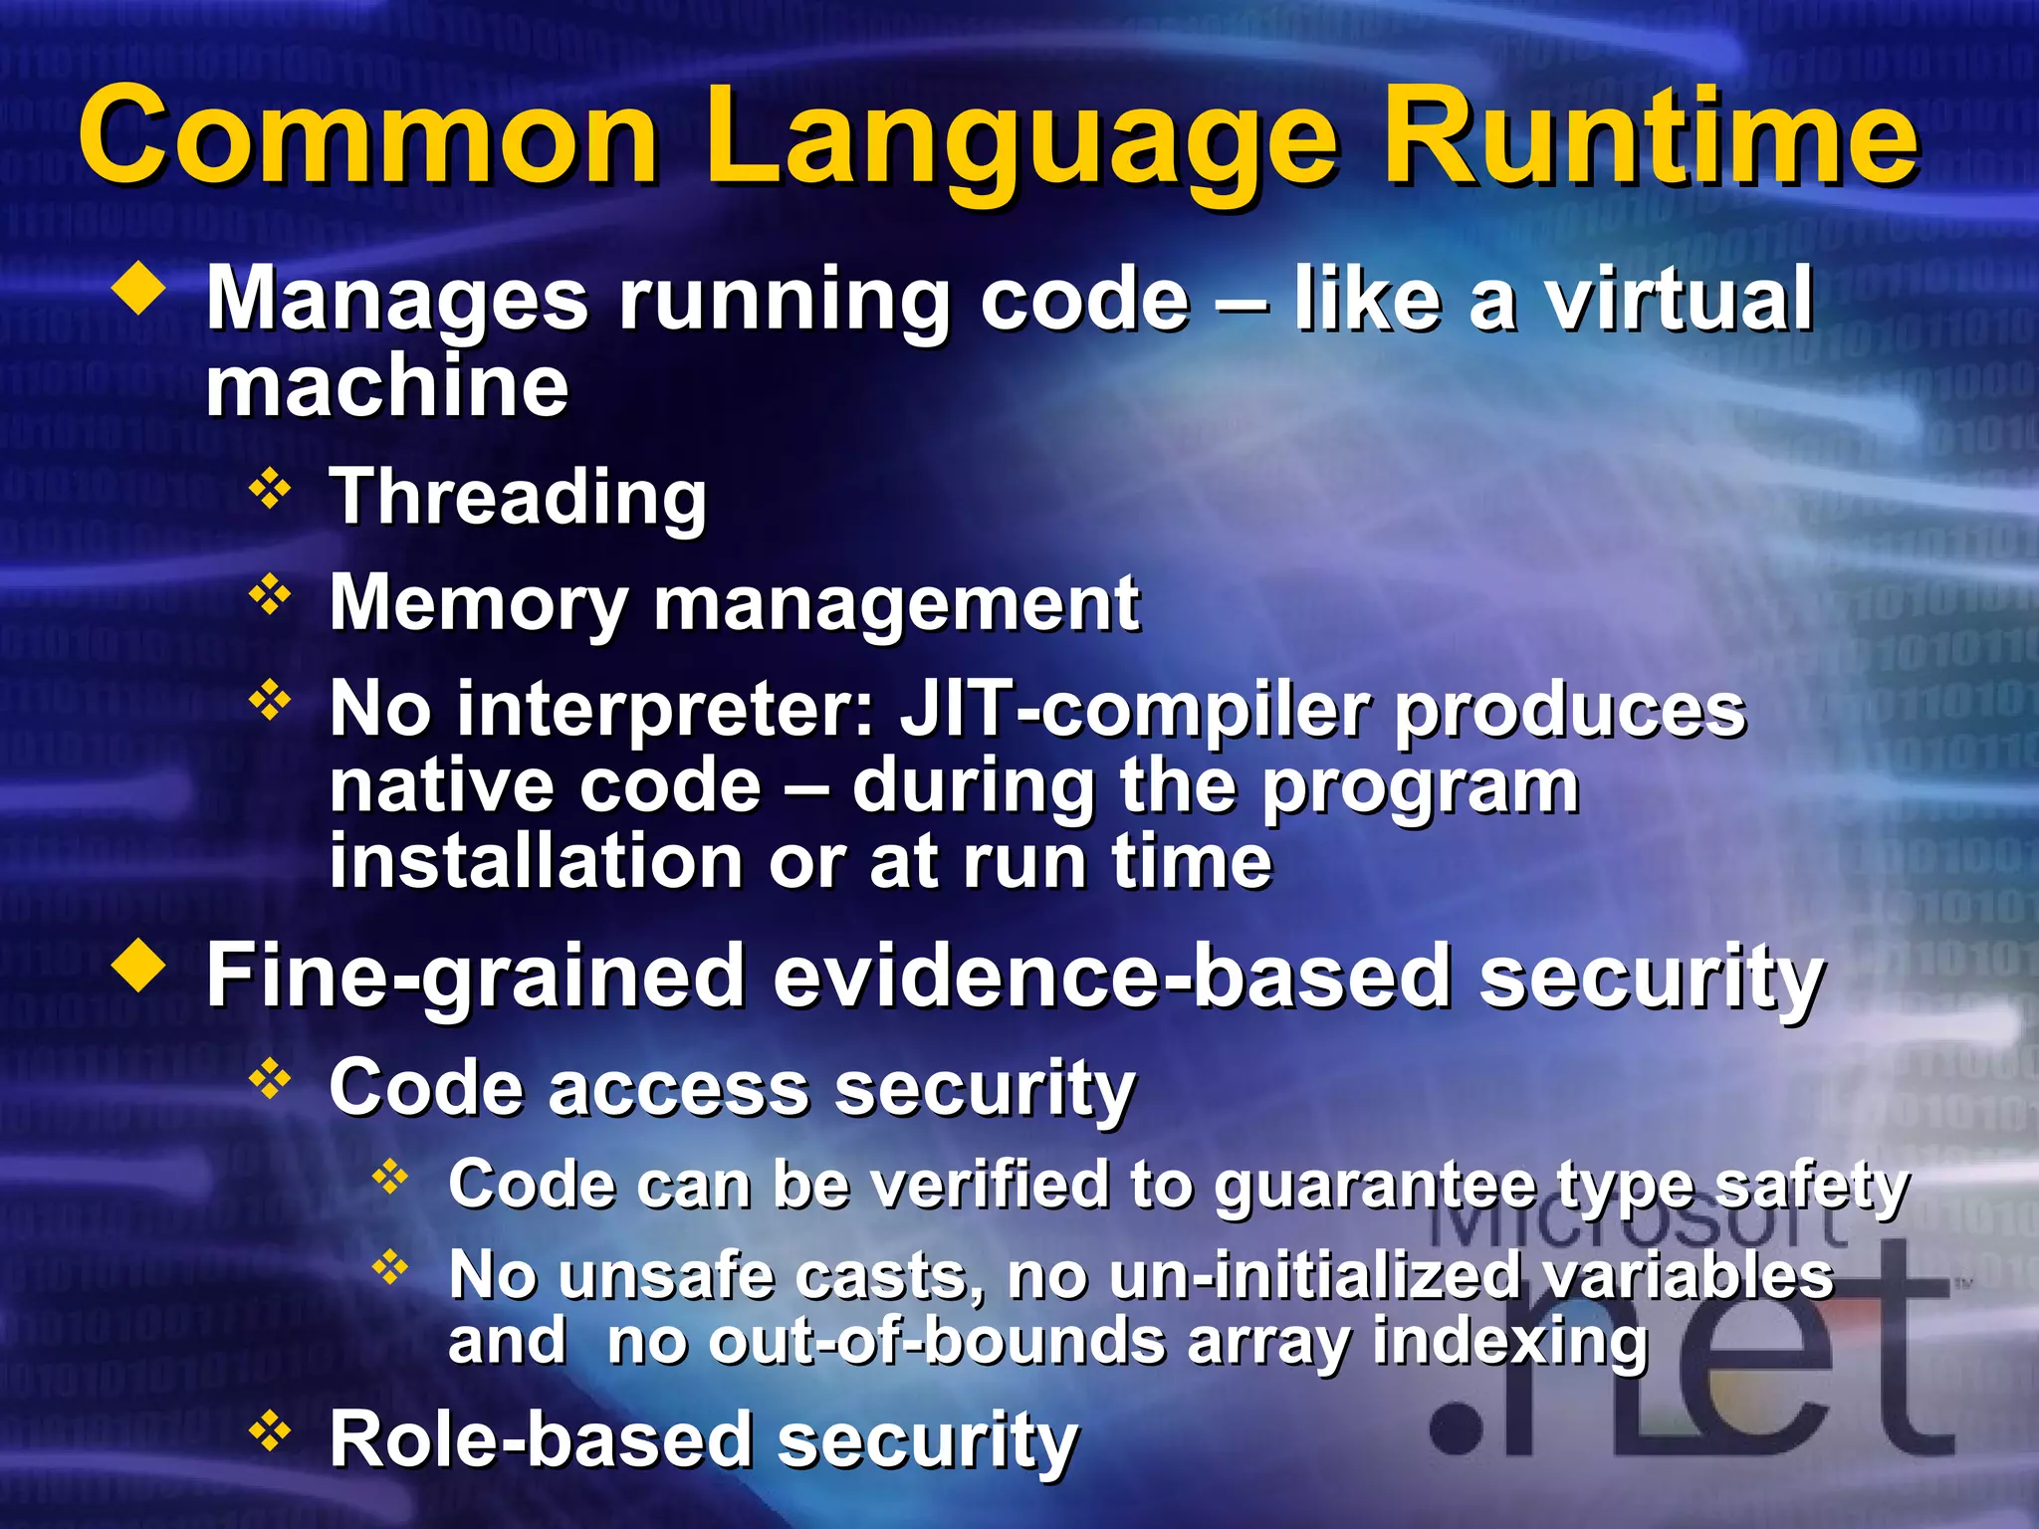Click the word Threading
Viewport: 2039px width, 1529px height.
(x=518, y=498)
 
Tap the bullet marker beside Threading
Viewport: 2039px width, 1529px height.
(x=270, y=490)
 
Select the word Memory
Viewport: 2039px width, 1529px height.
(x=478, y=604)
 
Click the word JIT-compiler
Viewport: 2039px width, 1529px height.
(x=1135, y=712)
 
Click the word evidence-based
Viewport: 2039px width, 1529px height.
(x=1110, y=978)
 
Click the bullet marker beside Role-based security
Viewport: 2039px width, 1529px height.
(x=270, y=1432)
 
